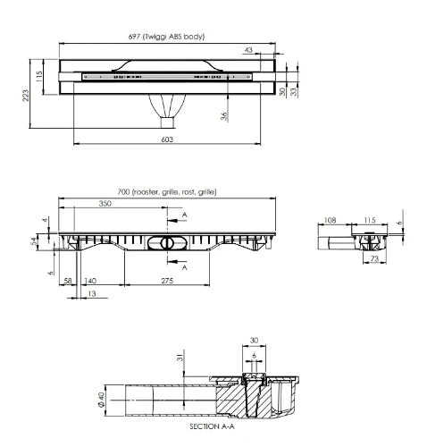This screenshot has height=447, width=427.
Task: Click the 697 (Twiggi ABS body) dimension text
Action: coord(166,37)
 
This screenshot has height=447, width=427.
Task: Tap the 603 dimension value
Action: coord(167,139)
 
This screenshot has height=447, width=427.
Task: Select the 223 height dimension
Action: coord(26,96)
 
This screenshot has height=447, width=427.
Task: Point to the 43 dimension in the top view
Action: coord(248,50)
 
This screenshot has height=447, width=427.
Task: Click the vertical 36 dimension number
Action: coord(224,116)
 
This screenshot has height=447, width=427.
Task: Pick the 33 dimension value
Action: coord(294,91)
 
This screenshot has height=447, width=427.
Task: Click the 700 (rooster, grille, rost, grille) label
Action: coord(167,192)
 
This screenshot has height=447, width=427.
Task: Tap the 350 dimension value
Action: coord(105,204)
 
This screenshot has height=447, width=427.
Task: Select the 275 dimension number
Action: coord(167,281)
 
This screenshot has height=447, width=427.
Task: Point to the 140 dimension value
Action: coord(90,281)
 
